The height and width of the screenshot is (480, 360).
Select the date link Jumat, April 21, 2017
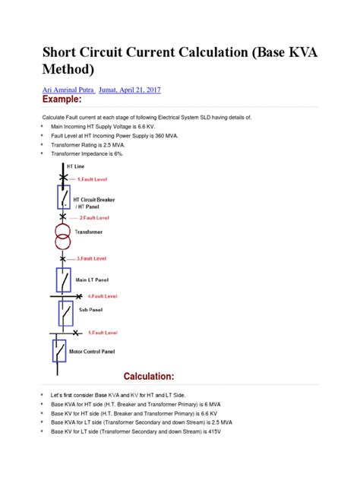[135, 90]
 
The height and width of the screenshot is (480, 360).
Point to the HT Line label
[76, 166]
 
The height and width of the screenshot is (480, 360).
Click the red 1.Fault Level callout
[93, 179]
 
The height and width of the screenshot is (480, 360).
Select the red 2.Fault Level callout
[94, 217]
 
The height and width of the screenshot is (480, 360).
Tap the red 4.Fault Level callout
[102, 295]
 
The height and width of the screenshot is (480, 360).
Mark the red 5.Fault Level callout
[102, 332]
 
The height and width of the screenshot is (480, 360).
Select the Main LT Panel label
[91, 279]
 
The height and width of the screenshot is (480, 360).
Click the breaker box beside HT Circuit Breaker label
[64, 198]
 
